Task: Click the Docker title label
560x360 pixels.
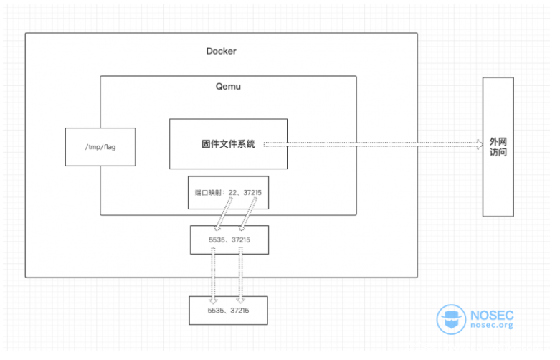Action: pos(221,52)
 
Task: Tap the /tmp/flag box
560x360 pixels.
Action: pos(100,148)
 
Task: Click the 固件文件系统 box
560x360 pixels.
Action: pos(228,144)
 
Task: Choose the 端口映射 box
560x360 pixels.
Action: pos(228,192)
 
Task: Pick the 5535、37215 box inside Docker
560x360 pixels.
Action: pos(228,240)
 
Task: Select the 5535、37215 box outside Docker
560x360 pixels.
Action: pos(228,310)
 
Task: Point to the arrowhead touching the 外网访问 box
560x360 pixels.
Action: pos(478,144)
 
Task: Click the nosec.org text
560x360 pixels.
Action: pos(491,326)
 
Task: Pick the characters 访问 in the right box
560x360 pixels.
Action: pos(498,153)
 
